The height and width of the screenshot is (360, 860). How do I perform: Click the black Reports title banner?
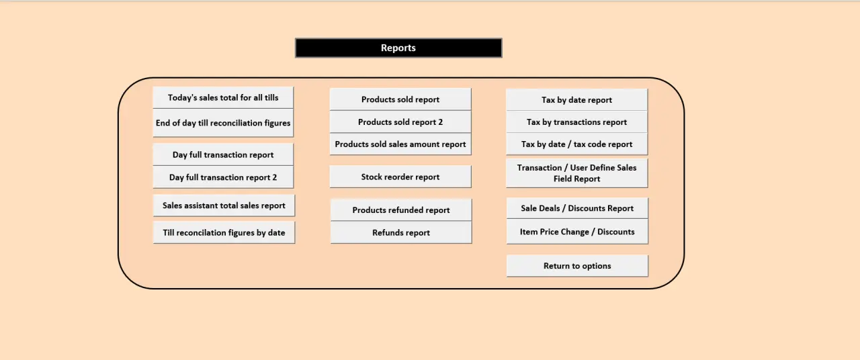tap(398, 48)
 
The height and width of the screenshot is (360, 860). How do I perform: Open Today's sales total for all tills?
tap(223, 97)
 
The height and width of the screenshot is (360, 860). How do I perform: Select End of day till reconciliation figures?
tap(223, 123)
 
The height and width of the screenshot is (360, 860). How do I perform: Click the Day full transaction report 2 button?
tap(223, 177)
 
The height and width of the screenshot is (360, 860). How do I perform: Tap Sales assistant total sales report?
tap(224, 206)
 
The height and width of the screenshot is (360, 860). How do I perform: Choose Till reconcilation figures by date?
tap(224, 232)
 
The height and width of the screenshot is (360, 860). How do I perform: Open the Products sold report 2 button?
tap(400, 122)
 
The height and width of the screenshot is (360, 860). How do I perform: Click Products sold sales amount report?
tap(400, 144)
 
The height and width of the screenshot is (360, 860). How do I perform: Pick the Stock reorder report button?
tap(400, 177)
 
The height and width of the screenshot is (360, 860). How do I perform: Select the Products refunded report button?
tap(401, 210)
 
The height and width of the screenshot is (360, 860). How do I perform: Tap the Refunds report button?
tap(401, 232)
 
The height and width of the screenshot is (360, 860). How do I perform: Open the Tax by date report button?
tap(576, 100)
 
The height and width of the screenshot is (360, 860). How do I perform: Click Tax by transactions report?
tap(576, 122)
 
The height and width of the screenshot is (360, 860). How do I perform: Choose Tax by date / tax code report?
tap(576, 144)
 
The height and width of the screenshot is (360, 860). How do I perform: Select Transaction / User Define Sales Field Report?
tap(576, 173)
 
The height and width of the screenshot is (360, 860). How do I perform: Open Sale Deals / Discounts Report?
tap(577, 208)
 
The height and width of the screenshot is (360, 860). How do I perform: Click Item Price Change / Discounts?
tap(577, 232)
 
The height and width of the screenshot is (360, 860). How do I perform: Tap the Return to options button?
tap(577, 266)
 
